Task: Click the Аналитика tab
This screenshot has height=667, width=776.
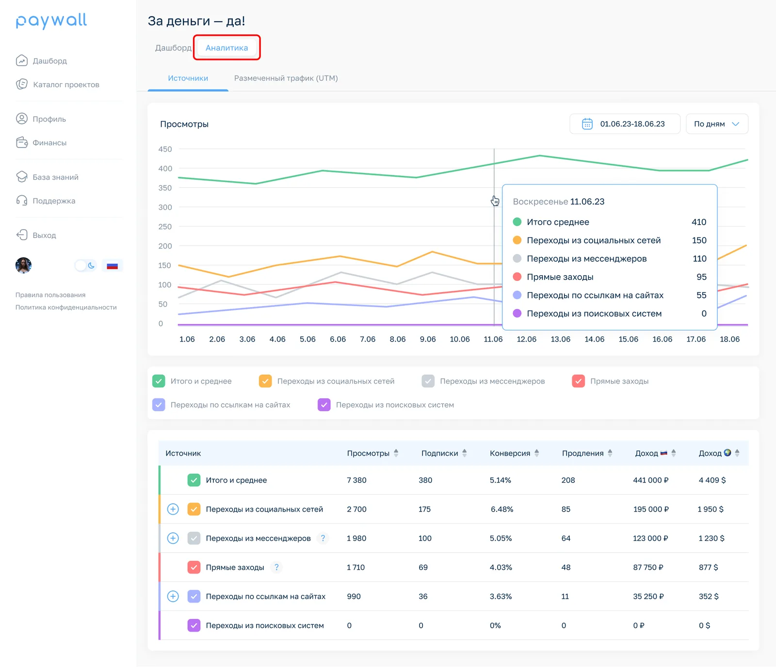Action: [226, 47]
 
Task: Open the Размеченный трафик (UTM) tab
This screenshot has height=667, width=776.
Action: [286, 78]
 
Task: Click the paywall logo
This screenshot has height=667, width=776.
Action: [51, 20]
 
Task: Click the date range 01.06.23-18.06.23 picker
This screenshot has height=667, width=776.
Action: [625, 124]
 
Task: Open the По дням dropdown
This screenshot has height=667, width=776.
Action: [717, 124]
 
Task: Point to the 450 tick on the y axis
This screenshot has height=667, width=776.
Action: [165, 149]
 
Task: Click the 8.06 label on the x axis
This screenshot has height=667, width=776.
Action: [398, 339]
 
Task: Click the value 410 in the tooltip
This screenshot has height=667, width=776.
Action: [699, 222]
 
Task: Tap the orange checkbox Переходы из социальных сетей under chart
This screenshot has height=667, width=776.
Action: [265, 381]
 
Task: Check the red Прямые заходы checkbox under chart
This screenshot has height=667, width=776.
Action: [579, 381]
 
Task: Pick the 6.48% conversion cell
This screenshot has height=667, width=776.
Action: [502, 509]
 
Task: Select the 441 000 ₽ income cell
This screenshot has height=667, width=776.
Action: [651, 480]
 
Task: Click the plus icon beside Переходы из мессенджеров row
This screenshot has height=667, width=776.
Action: [173, 538]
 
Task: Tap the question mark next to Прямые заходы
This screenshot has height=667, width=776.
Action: [276, 567]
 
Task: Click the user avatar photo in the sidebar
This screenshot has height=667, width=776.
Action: [23, 265]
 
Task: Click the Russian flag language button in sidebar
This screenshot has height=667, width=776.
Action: [113, 265]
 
